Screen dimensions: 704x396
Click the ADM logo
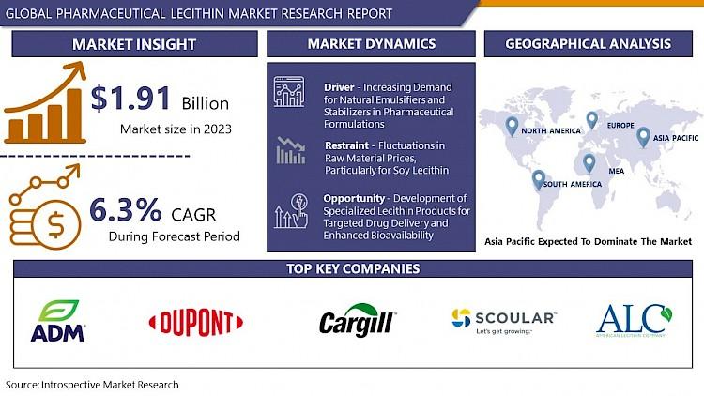(57, 321)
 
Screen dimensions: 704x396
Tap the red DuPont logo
(196, 323)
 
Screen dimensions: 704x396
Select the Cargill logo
(358, 320)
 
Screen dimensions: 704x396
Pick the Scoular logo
(504, 321)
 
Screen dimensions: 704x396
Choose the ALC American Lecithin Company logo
(634, 321)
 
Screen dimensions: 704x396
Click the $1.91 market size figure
(130, 98)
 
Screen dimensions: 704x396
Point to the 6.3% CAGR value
(126, 209)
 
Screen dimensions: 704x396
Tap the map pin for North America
(512, 126)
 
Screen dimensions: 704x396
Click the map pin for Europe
(591, 120)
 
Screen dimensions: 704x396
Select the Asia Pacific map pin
(643, 137)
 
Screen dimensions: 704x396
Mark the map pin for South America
(539, 179)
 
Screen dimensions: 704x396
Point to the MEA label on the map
(617, 171)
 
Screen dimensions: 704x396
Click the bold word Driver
(339, 87)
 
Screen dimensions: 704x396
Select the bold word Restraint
(346, 145)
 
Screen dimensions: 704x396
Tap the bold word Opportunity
(354, 198)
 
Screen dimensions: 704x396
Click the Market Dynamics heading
(372, 43)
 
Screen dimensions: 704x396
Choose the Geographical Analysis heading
(589, 43)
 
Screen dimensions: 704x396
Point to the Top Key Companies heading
(353, 268)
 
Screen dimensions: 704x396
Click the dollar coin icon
(56, 225)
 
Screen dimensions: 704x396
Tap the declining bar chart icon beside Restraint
(290, 150)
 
